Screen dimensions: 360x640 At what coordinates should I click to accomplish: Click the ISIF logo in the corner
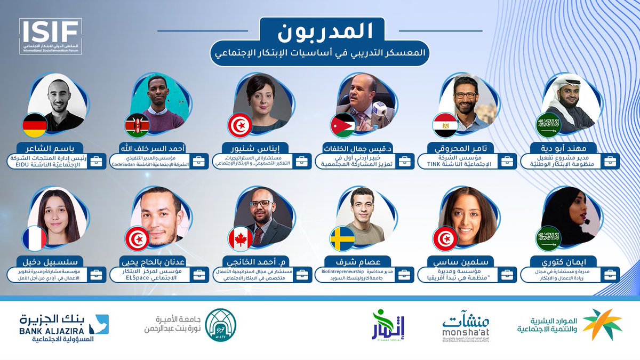tap(51, 36)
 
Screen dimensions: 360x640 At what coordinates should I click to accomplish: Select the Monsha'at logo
tap(465, 325)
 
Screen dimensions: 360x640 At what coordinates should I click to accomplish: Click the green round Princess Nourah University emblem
tap(220, 325)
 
